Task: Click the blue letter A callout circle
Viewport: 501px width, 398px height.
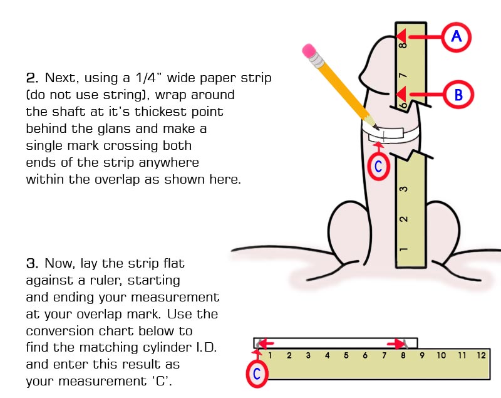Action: (x=457, y=37)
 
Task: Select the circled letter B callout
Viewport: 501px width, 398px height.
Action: (x=458, y=95)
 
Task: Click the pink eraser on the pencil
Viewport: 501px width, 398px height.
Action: (x=309, y=51)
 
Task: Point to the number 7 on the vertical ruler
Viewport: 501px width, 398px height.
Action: (x=404, y=76)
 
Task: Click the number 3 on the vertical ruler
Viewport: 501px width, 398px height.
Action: (x=404, y=189)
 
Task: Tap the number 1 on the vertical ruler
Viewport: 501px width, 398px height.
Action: (x=404, y=249)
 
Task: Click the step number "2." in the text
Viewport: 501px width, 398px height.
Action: (x=33, y=79)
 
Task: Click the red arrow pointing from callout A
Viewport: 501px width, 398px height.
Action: (x=420, y=36)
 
